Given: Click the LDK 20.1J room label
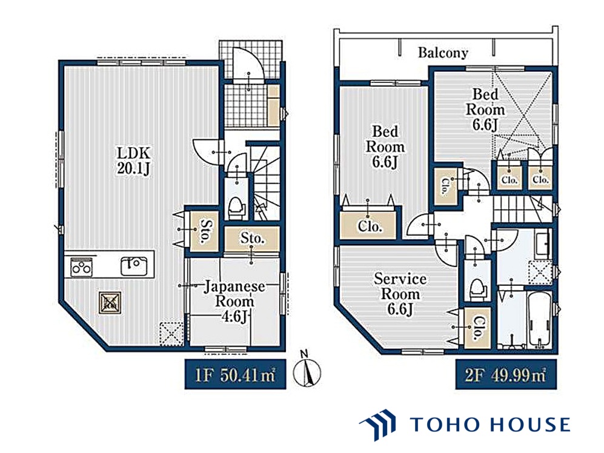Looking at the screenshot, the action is click(133, 161).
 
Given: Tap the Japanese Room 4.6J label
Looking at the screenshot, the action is click(234, 301).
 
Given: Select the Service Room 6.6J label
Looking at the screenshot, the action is click(400, 294).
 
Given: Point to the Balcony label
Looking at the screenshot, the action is click(443, 53).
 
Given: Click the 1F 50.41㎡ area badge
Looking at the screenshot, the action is click(235, 374).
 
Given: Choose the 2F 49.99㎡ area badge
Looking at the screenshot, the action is click(506, 374).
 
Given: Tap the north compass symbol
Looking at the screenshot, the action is click(307, 369).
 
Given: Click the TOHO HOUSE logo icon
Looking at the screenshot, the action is click(377, 425).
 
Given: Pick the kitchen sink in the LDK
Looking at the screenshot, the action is click(134, 266).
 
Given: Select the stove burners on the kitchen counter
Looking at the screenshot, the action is click(82, 267).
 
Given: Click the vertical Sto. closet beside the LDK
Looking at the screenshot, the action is click(204, 231).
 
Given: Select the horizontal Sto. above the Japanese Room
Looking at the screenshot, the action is click(252, 239).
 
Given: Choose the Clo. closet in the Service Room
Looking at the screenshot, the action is click(477, 328).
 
